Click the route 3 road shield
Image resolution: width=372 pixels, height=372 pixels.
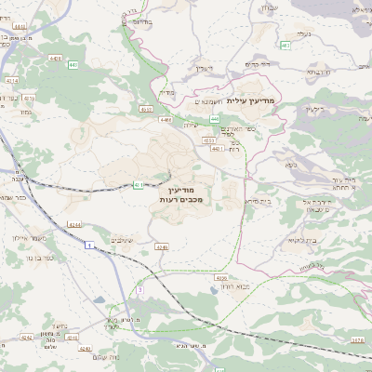pyautogui.click(x=139, y=289)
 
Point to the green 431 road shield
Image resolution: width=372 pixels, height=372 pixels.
pyautogui.click(x=139, y=185)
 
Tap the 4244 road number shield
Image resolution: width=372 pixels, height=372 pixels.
pyautogui.click(x=74, y=222)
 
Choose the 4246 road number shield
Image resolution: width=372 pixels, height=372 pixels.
pyautogui.click(x=162, y=247)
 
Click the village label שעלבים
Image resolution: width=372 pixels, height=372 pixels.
pyautogui.click(x=123, y=240)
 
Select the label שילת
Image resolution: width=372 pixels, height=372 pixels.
pyautogui.click(x=193, y=126)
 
